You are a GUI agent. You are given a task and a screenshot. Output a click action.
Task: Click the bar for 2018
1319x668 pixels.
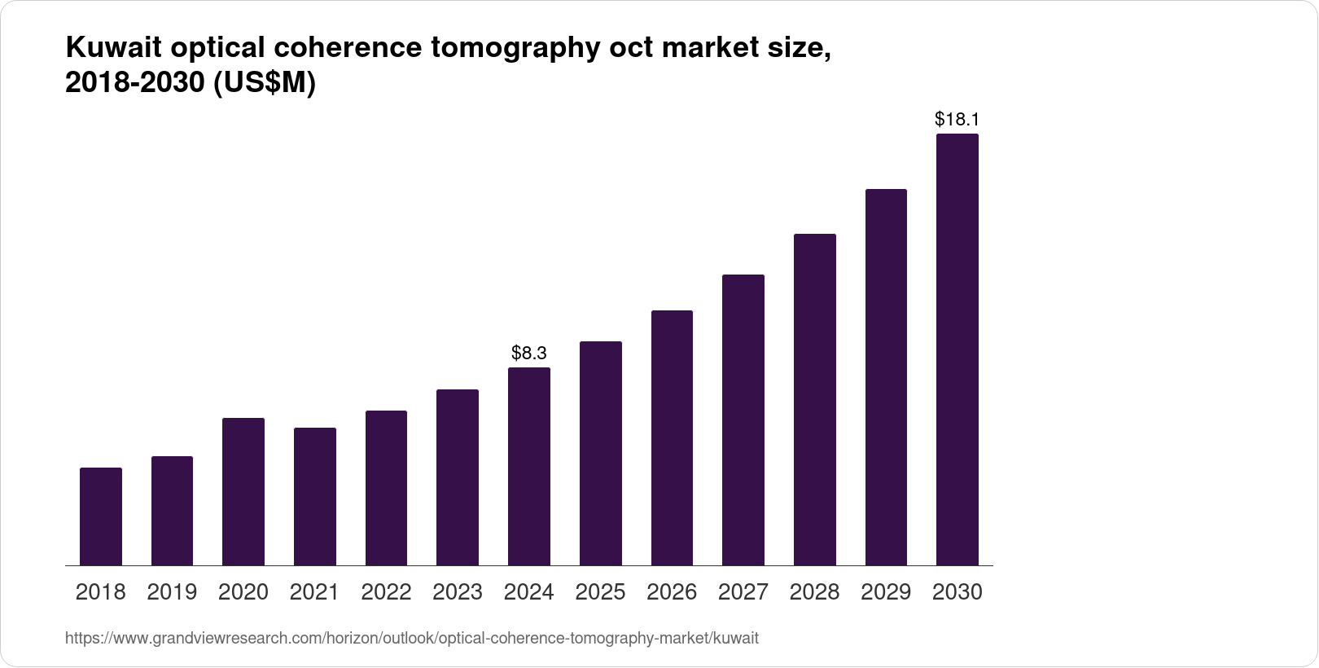tap(101, 516)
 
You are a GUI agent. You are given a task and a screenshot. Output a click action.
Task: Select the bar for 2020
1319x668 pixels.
tap(243, 492)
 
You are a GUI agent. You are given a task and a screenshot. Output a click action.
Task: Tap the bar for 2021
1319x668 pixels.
tap(315, 497)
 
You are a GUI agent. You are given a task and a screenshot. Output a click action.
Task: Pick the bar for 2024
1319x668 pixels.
tap(529, 467)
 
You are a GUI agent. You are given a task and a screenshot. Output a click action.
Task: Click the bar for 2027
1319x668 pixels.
tap(743, 420)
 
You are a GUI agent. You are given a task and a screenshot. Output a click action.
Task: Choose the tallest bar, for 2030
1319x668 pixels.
tap(957, 350)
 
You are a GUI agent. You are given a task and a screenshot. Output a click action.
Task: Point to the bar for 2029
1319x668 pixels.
tap(886, 377)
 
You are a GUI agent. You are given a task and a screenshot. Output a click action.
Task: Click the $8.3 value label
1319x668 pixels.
tap(529, 353)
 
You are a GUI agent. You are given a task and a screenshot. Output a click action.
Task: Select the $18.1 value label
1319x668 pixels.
tap(957, 120)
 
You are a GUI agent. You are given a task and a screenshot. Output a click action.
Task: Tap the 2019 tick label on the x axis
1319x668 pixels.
tap(172, 592)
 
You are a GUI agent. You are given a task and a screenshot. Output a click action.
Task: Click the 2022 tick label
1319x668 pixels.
tap(386, 592)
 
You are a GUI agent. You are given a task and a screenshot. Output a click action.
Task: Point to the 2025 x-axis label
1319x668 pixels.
tap(600, 592)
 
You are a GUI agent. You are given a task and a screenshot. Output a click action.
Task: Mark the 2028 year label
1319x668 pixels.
tap(814, 592)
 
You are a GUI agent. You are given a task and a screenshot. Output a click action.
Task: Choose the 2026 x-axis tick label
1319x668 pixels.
tap(672, 592)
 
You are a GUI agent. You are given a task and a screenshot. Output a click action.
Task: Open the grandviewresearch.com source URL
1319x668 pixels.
tap(411, 639)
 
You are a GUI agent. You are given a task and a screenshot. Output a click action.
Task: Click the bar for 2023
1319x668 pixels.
tap(458, 477)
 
